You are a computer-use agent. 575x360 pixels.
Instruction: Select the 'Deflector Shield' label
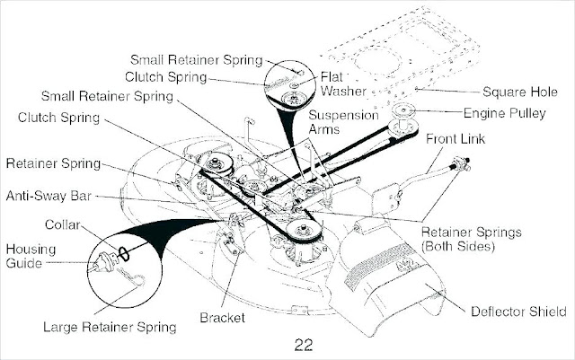pos(517,312)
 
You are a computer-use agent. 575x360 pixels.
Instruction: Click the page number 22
pos(303,343)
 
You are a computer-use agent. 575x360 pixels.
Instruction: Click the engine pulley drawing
pos(403,116)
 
